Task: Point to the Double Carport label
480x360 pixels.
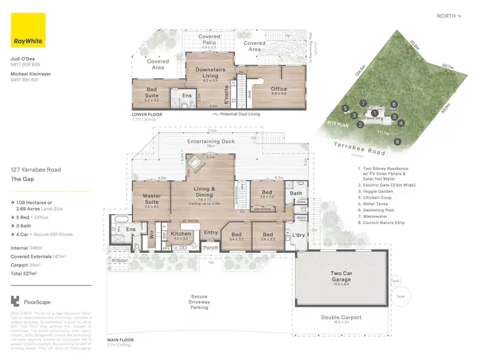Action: (340, 318)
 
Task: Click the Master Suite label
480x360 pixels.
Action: (151, 199)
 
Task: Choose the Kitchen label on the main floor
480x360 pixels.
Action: (182, 235)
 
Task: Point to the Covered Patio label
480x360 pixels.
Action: (209, 40)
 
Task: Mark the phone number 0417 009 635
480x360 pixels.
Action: (25, 65)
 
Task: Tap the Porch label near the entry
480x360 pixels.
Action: (210, 248)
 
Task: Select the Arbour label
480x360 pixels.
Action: (120, 260)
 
